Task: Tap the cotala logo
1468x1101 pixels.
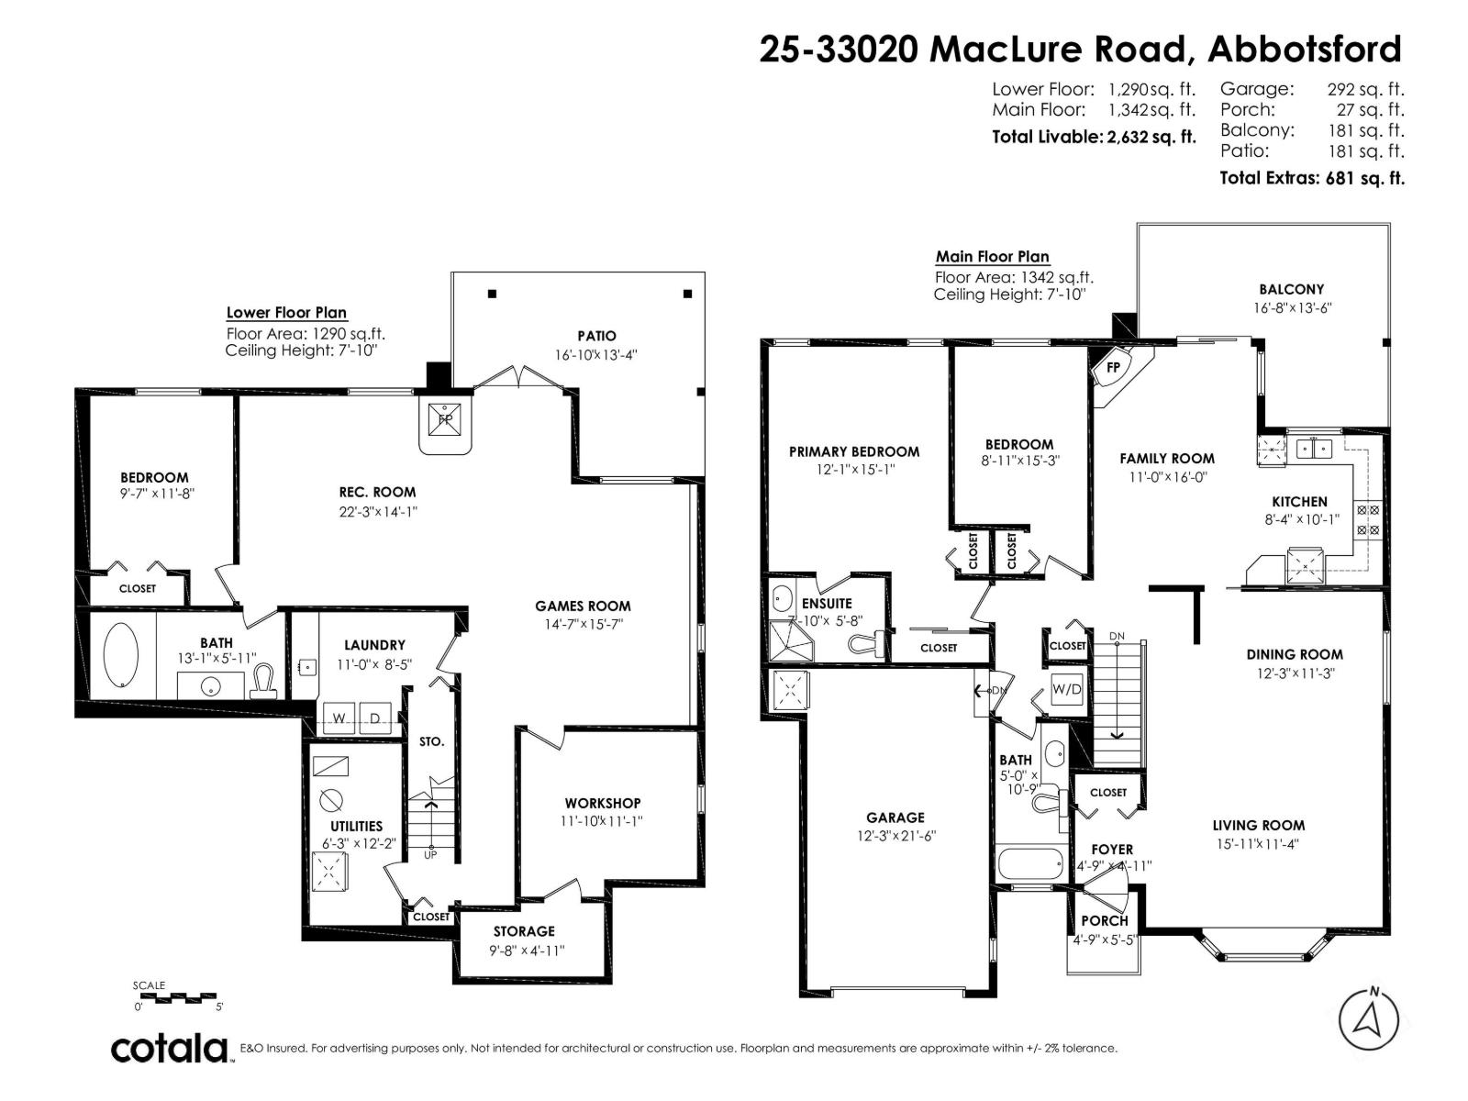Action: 171,1048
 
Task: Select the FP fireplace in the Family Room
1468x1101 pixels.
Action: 1115,368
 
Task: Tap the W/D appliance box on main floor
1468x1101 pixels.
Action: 1066,689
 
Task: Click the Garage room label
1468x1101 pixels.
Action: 895,817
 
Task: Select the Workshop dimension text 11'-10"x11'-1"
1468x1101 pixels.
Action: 603,821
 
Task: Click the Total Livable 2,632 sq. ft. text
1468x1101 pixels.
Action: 1094,137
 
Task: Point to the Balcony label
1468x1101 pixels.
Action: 1291,289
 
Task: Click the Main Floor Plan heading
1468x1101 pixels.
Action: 992,257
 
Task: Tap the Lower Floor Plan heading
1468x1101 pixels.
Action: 286,313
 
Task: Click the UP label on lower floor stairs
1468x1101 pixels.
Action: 430,855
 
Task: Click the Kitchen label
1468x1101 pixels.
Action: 1299,502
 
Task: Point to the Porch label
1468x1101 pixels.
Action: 1105,920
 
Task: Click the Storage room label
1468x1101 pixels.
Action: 524,931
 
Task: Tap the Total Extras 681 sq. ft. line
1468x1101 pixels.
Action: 1311,178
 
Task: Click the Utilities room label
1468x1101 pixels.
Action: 356,826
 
